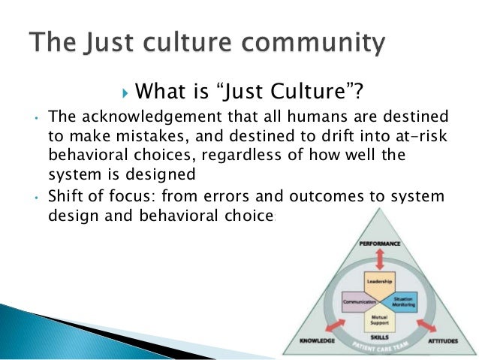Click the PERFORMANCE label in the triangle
tap(379, 244)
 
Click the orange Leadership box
tap(379, 283)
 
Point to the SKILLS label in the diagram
tap(379, 337)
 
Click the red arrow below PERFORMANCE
tap(379, 258)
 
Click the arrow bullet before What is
tap(125, 93)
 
